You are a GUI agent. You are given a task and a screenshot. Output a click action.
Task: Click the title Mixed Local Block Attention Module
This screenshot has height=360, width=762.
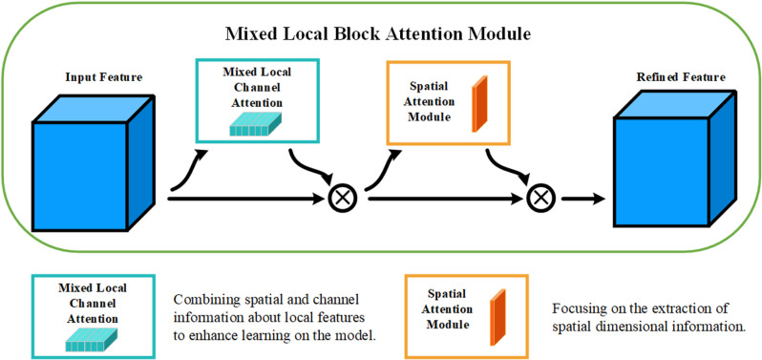(x=380, y=34)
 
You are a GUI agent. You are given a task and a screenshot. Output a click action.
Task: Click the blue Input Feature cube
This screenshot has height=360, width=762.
(x=94, y=162)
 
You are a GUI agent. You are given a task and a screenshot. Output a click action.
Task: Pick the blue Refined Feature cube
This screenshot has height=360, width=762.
(x=673, y=159)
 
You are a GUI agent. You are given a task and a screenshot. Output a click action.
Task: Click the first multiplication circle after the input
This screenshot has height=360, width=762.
(x=342, y=199)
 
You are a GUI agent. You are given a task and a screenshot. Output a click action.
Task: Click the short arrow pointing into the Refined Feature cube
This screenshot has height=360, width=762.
(x=583, y=199)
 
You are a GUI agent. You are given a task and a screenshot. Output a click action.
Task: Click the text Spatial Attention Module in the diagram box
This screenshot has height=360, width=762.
(x=431, y=102)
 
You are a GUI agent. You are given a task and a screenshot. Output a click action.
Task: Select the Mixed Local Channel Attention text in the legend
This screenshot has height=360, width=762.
(x=93, y=303)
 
